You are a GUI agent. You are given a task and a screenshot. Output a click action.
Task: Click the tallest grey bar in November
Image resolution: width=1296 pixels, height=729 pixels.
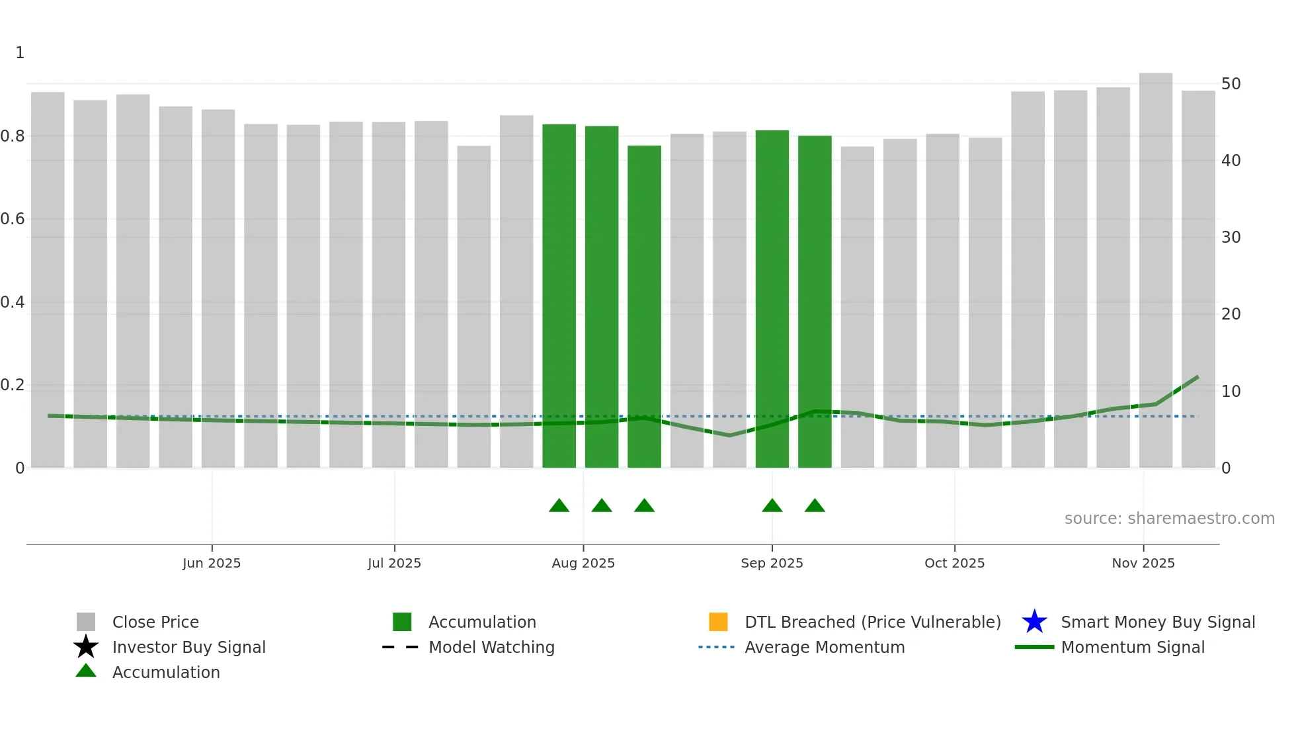pyautogui.click(x=1155, y=265)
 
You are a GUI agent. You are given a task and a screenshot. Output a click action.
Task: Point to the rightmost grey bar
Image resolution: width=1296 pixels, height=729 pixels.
pyautogui.click(x=1198, y=278)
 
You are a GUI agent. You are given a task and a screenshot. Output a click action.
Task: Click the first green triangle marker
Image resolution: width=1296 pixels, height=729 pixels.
pyautogui.click(x=559, y=506)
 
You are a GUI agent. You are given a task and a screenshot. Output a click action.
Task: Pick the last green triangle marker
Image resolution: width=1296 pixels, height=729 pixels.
pyautogui.click(x=815, y=506)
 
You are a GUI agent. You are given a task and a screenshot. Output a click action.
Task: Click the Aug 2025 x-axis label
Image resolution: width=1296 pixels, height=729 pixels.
pyautogui.click(x=583, y=563)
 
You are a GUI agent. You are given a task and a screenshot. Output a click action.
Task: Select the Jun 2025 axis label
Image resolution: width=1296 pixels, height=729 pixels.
pyautogui.click(x=212, y=563)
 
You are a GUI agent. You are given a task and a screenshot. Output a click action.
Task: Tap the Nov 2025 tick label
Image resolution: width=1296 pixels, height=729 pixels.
pyautogui.click(x=1143, y=563)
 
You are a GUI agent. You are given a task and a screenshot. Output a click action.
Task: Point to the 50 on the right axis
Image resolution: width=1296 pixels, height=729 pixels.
pyautogui.click(x=1231, y=84)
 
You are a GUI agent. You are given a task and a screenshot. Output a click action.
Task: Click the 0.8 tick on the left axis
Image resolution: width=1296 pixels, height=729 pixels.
pyautogui.click(x=13, y=136)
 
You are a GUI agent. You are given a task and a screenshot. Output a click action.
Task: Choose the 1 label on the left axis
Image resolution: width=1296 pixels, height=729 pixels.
pyautogui.click(x=20, y=53)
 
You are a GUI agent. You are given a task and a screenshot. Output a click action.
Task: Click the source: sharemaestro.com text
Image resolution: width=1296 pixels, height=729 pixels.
pyautogui.click(x=1169, y=519)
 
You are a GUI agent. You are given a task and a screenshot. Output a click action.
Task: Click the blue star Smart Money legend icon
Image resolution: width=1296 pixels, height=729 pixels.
pyautogui.click(x=1034, y=622)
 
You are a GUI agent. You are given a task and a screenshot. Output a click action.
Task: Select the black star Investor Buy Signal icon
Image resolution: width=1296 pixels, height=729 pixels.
pyautogui.click(x=86, y=647)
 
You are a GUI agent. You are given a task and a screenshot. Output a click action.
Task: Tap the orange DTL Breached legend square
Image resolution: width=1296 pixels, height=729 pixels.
pyautogui.click(x=718, y=622)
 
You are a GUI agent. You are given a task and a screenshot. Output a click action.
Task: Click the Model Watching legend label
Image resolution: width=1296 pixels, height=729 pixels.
pyautogui.click(x=491, y=647)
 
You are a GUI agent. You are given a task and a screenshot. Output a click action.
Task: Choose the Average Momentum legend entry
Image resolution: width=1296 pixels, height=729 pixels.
pyautogui.click(x=824, y=647)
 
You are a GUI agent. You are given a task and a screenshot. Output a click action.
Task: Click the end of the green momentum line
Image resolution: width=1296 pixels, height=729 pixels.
pyautogui.click(x=1197, y=377)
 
